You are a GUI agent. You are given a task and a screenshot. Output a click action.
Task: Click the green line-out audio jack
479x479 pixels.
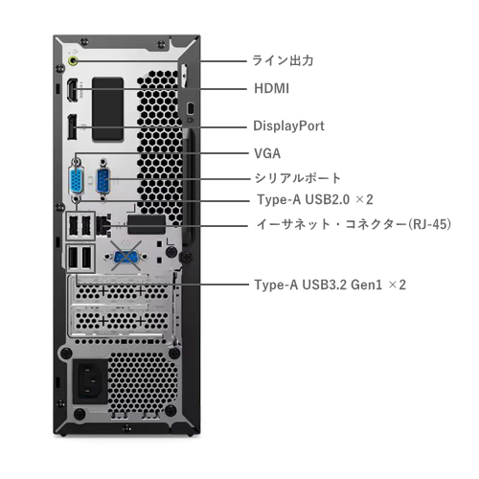point(74,60)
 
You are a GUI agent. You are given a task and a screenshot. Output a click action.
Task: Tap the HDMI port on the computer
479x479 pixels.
point(73,90)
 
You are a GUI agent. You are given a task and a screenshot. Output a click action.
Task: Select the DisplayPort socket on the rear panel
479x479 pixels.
point(72,126)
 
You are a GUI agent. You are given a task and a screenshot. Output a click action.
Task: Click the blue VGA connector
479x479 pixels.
point(76,181)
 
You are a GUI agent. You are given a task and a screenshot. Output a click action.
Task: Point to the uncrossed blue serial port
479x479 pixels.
point(103,181)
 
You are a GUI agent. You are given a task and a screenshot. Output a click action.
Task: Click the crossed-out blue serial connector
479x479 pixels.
point(125,257)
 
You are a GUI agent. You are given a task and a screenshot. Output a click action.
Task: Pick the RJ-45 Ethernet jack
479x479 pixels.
point(103,225)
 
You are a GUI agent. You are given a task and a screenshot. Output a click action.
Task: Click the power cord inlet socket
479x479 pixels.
point(90,381)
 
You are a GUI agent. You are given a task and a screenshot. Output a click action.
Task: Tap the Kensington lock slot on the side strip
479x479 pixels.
point(191,108)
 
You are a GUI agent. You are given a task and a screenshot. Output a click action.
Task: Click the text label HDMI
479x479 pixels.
point(271,88)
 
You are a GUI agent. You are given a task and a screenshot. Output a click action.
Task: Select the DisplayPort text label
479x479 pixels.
point(288,125)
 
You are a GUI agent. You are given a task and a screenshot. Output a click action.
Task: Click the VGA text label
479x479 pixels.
point(267,153)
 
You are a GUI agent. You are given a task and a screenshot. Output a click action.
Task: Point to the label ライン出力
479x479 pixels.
point(283,60)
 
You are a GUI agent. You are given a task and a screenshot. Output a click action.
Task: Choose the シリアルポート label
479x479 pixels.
point(298,178)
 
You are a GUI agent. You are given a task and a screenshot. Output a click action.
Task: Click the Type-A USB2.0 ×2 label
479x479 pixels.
point(315,199)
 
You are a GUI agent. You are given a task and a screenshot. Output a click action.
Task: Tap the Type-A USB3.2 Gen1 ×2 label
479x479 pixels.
point(330,285)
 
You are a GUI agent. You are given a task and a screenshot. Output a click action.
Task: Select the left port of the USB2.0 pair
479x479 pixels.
point(73,226)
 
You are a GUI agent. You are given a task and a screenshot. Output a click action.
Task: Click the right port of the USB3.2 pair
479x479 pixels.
point(86,258)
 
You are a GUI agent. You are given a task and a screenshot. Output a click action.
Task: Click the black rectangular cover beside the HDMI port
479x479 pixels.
point(108,109)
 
